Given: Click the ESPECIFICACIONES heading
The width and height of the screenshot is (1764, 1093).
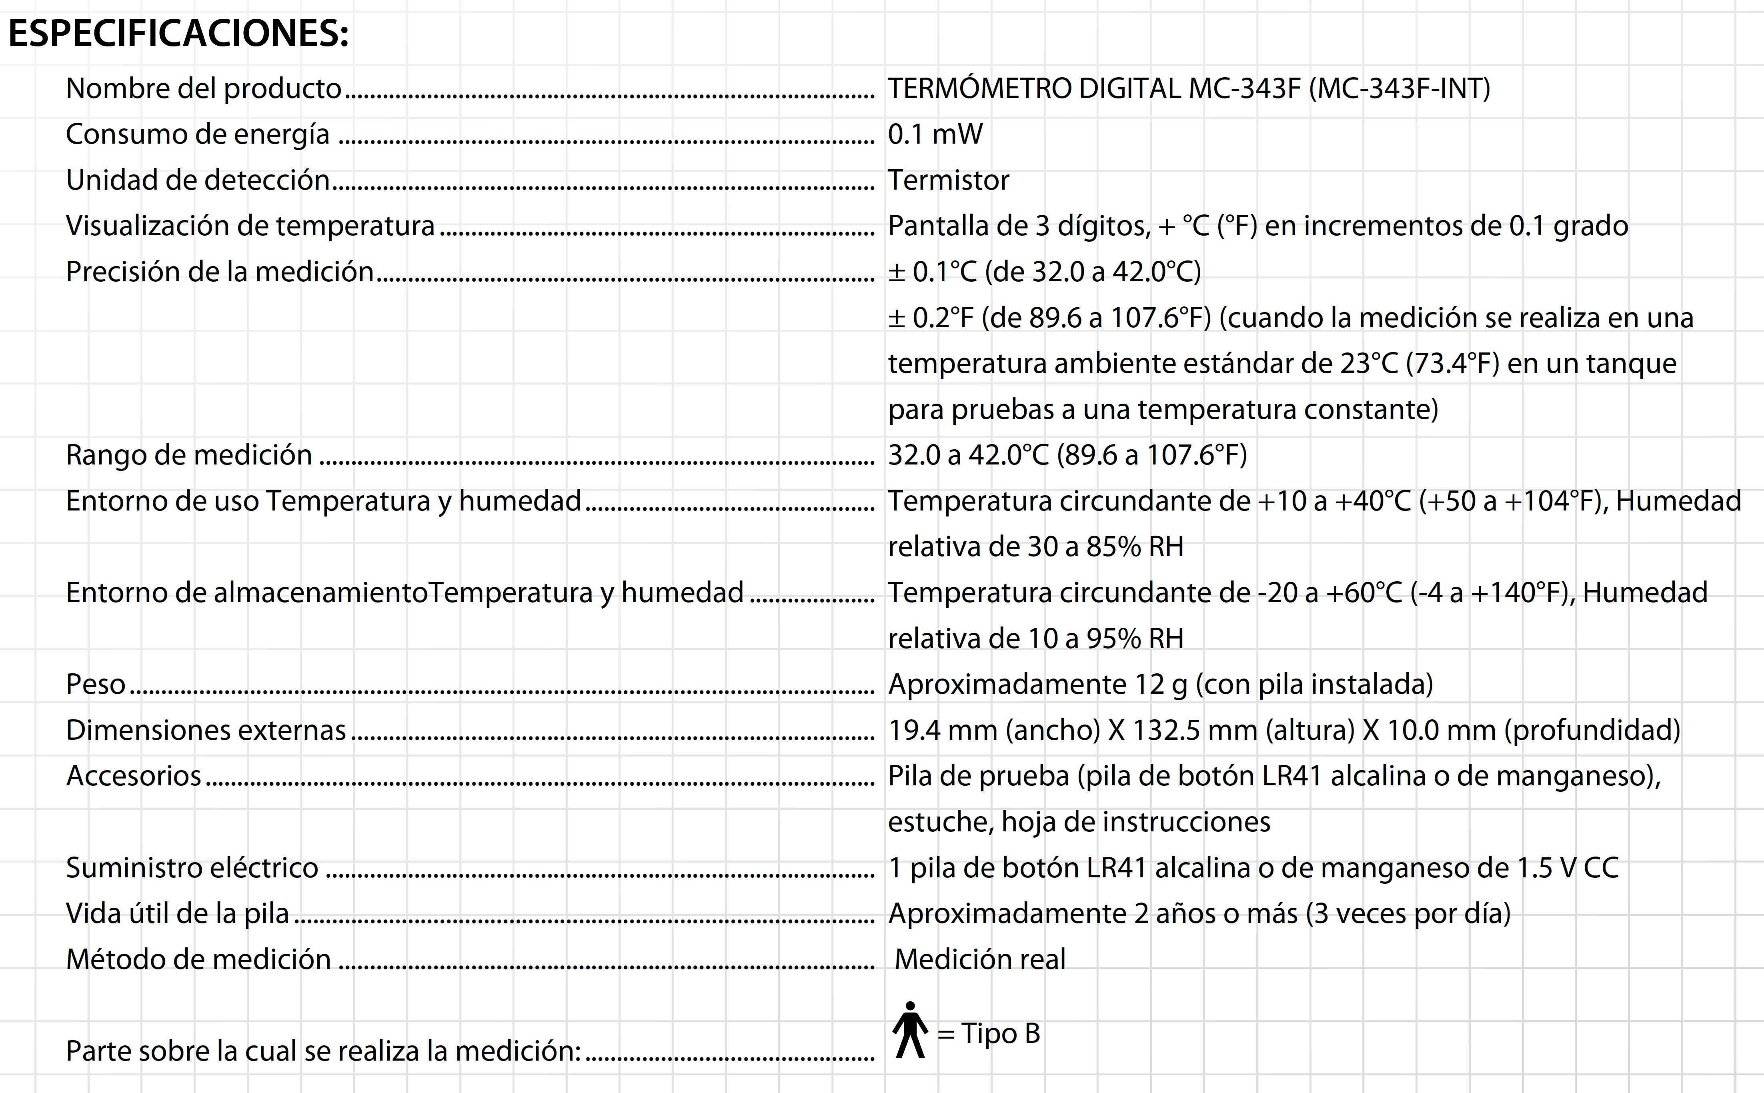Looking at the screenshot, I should (x=178, y=33).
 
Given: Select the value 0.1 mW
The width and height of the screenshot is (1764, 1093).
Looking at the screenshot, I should (x=935, y=134).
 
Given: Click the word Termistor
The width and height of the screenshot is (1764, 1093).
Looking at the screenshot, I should (x=948, y=180).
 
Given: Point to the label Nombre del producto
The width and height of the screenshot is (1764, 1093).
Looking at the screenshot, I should (x=203, y=89).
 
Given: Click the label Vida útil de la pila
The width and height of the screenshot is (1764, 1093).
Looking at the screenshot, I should (x=177, y=914).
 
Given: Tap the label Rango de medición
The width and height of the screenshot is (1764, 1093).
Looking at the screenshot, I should (x=189, y=455).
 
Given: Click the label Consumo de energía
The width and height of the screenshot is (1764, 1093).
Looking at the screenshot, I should (x=197, y=134).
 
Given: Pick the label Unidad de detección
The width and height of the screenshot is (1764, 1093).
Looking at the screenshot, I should (x=197, y=180).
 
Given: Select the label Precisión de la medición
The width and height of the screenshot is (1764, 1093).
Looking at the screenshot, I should (x=220, y=272).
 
